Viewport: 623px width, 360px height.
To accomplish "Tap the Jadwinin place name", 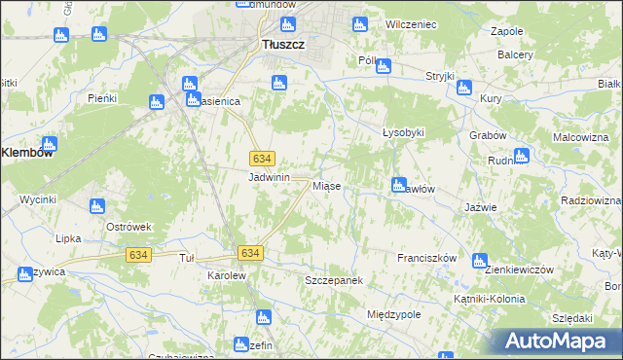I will pyautogui.click(x=270, y=177).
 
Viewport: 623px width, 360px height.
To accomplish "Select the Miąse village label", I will pyautogui.click(x=325, y=185).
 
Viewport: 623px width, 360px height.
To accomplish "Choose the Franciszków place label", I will pyautogui.click(x=426, y=258).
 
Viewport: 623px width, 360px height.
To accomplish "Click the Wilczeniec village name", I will pyautogui.click(x=410, y=22).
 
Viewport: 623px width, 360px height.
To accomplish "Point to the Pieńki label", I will pyautogui.click(x=102, y=98).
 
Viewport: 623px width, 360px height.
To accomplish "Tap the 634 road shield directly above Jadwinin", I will pyautogui.click(x=261, y=159).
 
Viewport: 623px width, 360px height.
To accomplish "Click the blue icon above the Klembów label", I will pyautogui.click(x=49, y=144).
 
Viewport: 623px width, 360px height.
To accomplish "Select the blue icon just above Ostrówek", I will pyautogui.click(x=96, y=206).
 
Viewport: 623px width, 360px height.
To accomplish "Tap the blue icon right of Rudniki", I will pyautogui.click(x=522, y=155).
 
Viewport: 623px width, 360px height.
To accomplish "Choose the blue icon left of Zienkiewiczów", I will pyautogui.click(x=479, y=260).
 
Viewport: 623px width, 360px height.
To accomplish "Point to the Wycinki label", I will pyautogui.click(x=38, y=199).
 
